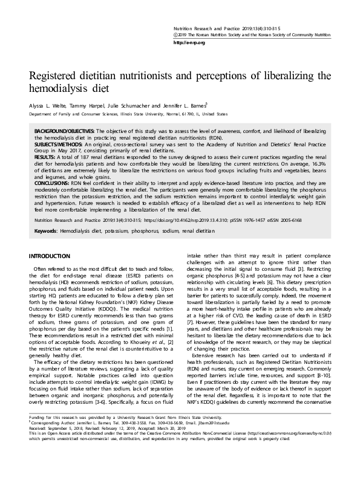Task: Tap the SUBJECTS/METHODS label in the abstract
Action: click(58, 144)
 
